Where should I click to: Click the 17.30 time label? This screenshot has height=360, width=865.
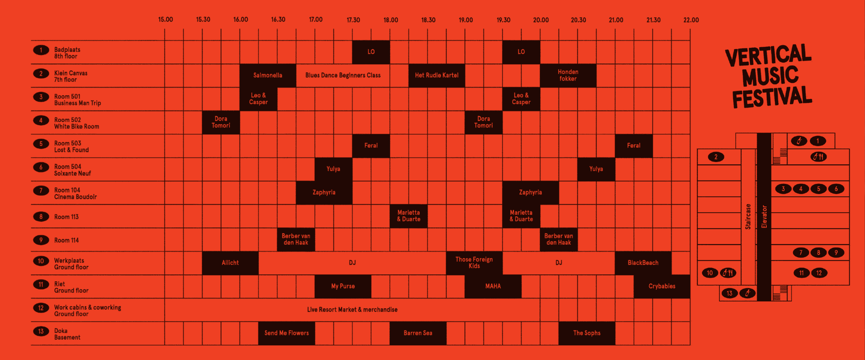[x=353, y=20]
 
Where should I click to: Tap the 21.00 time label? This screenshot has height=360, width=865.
[x=616, y=20]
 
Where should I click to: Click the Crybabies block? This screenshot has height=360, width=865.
[x=662, y=286]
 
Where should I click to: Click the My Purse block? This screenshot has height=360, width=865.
[x=343, y=286]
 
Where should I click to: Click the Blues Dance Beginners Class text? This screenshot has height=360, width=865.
[x=343, y=75]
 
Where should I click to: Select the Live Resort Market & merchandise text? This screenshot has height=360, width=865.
[x=352, y=310]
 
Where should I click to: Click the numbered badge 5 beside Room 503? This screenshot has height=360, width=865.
[x=41, y=144]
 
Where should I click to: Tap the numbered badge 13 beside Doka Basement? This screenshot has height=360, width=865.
[x=41, y=331]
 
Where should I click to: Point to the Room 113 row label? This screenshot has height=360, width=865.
[x=66, y=217]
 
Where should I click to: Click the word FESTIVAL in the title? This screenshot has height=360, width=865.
[x=772, y=97]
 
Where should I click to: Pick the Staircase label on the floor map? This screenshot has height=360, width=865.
[x=748, y=217]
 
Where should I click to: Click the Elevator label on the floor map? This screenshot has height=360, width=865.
[x=764, y=217]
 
